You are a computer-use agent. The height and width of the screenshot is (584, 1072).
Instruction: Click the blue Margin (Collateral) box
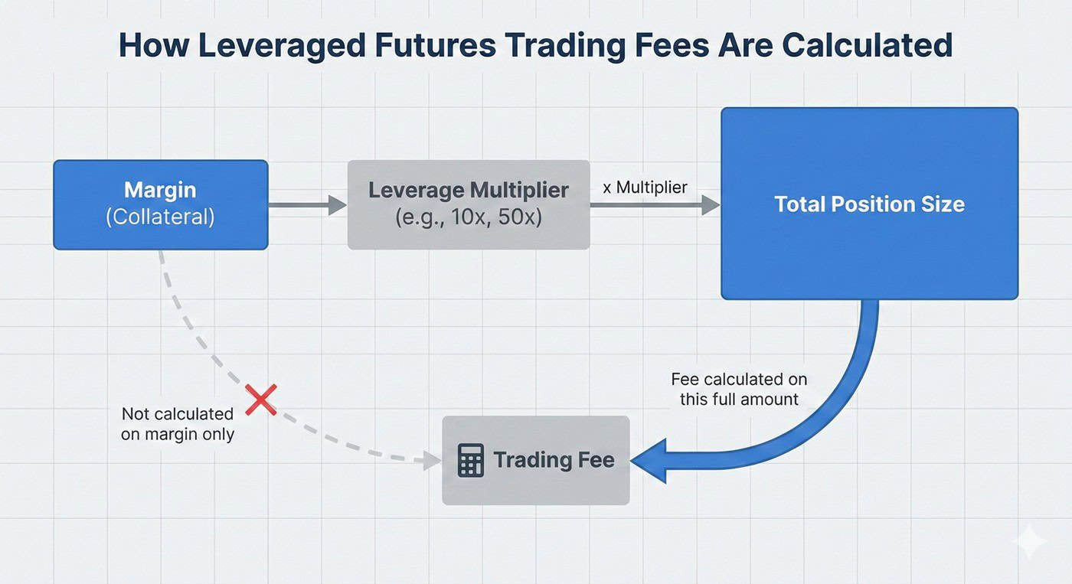(x=160, y=204)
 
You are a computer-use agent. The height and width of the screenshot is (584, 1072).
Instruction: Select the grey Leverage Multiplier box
(x=468, y=204)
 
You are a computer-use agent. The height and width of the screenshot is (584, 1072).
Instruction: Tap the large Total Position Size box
(x=869, y=204)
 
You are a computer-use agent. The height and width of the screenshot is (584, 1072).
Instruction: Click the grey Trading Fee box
(x=536, y=460)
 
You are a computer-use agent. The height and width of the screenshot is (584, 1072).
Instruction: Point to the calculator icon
(x=470, y=461)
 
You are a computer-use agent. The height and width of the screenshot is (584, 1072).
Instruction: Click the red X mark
(x=261, y=400)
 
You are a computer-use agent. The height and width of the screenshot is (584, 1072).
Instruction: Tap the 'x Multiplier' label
(x=645, y=187)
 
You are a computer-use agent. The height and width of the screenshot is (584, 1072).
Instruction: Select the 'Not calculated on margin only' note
(x=177, y=423)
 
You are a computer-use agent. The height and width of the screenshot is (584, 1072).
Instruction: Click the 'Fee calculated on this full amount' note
(x=739, y=389)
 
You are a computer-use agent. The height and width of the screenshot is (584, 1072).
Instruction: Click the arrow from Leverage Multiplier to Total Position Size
(x=655, y=204)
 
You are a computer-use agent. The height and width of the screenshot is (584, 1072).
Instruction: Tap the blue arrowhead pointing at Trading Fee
(x=653, y=461)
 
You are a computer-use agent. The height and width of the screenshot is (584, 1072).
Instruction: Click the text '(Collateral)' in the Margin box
(x=160, y=217)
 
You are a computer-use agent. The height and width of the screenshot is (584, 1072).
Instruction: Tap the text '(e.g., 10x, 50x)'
(x=468, y=217)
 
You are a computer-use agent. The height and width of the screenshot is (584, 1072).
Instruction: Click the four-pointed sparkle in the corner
(x=1028, y=542)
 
